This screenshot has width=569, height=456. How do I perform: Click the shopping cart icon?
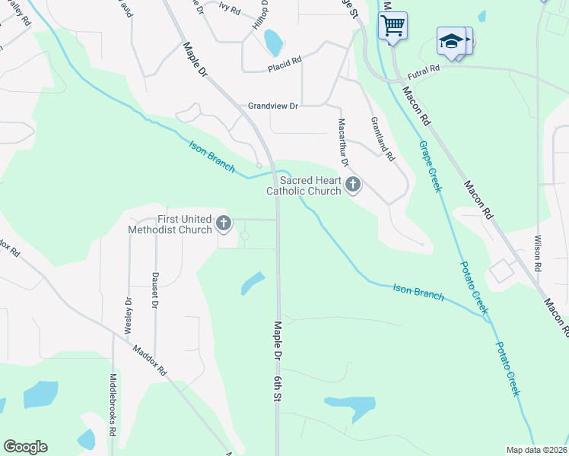pos(393,25)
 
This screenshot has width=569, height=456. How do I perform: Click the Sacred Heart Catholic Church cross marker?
pos(352,185)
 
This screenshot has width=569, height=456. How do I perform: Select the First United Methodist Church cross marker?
pos(223,223)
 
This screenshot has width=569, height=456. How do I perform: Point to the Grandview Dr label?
pos(273,106)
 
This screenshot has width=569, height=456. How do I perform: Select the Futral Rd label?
pos(424,70)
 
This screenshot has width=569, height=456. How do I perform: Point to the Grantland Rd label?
pos(383,139)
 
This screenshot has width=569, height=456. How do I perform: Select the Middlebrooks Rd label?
pos(113,414)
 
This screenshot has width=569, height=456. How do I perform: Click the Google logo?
pos(25,447)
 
